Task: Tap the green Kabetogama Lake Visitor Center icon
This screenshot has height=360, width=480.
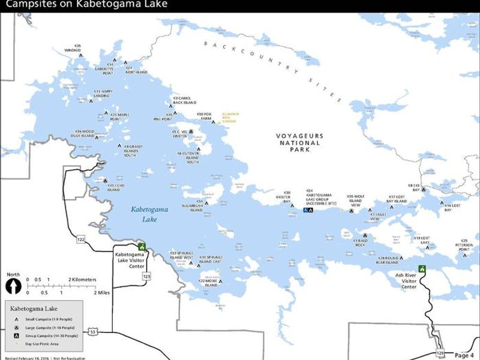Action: click(142, 247)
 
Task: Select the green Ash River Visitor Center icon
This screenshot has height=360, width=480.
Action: click(422, 269)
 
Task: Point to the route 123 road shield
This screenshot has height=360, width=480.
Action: click(146, 275)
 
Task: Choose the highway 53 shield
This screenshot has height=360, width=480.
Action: click(92, 331)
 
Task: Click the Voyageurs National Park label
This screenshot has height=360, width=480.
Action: click(299, 143)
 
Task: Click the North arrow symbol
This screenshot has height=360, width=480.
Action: click(13, 286)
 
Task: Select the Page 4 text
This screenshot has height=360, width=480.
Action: click(464, 355)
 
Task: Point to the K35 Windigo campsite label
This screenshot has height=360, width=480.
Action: click(73, 47)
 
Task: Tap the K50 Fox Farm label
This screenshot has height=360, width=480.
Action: click(204, 116)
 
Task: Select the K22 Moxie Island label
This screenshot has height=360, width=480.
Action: click(207, 283)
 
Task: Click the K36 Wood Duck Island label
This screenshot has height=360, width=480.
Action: click(85, 133)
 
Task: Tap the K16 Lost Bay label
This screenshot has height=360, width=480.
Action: click(452, 207)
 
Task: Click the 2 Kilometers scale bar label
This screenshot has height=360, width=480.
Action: click(82, 280)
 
